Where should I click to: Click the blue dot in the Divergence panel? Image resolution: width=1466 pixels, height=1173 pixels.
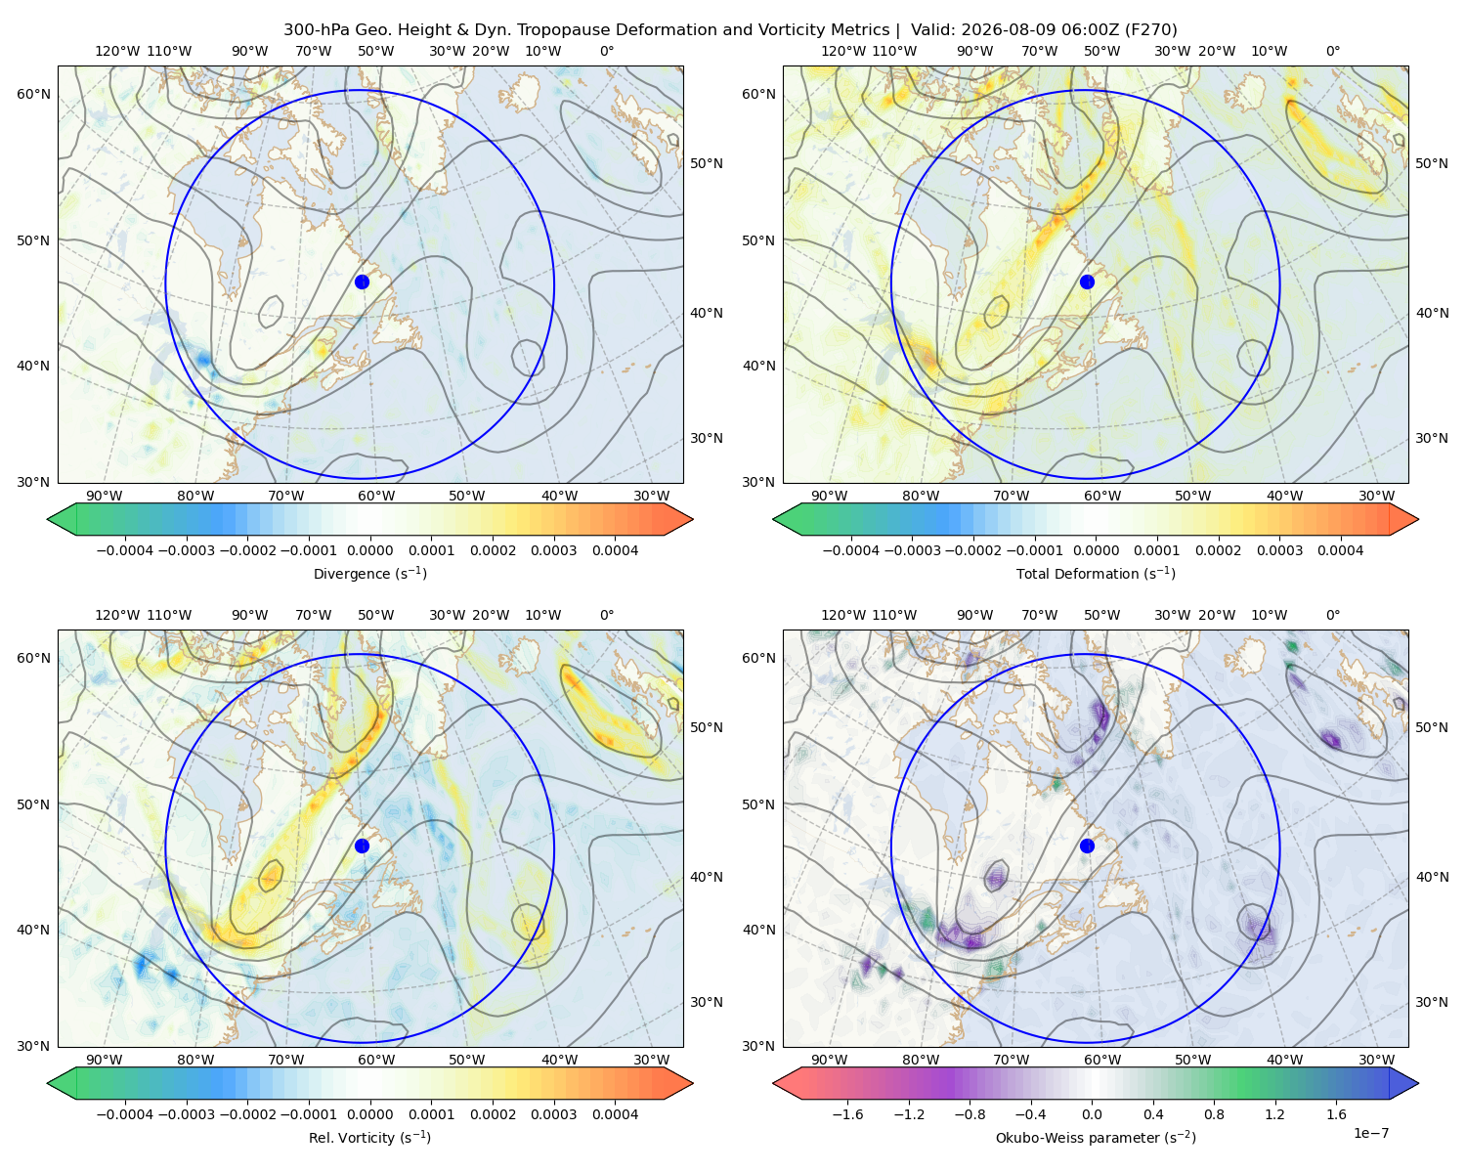[x=362, y=282]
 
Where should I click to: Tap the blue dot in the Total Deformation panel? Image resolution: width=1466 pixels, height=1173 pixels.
[x=1087, y=282]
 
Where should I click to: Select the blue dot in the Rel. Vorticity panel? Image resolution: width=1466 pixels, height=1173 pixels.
[x=362, y=846]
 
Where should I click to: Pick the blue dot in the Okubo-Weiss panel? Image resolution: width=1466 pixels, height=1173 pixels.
[x=1087, y=846]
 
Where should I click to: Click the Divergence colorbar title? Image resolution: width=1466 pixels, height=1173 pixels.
[x=369, y=573]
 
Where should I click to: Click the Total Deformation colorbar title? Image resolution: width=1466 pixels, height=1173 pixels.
[x=1096, y=573]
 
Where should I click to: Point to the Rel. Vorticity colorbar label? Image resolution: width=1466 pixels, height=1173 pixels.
[x=369, y=1137]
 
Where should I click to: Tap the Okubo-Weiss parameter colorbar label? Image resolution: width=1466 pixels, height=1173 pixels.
[x=1096, y=1137]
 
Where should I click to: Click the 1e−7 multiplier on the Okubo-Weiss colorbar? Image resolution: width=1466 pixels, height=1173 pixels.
[x=1370, y=1133]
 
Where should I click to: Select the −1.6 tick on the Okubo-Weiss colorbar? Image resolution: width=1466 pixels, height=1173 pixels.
[x=847, y=1114]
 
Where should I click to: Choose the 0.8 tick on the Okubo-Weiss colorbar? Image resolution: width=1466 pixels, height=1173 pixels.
[x=1214, y=1114]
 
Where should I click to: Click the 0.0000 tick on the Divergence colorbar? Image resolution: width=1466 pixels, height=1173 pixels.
[x=369, y=550]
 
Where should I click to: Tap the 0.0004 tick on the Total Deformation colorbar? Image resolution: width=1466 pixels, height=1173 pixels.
[x=1340, y=550]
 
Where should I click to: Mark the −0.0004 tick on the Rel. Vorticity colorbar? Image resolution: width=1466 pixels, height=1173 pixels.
[x=125, y=1114]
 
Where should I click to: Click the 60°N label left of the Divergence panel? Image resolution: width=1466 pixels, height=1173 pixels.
[x=33, y=94]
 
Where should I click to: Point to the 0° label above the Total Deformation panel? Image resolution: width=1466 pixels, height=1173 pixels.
[x=1332, y=51]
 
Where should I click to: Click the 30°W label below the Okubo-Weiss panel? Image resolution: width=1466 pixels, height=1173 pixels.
[x=1376, y=1060]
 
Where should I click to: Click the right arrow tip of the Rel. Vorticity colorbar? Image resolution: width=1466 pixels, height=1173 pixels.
[x=693, y=1083]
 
